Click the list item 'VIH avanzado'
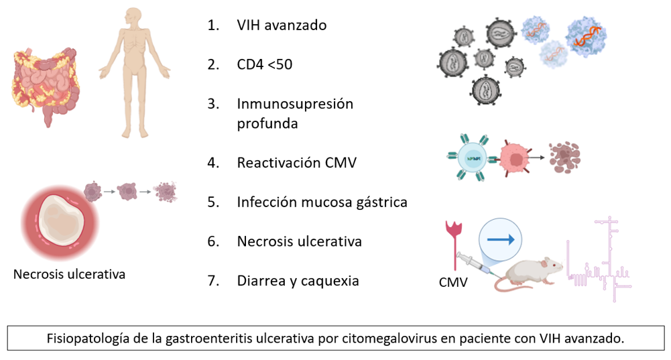coord(281,26)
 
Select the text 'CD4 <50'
coord(264,65)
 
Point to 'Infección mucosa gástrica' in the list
coord(322,202)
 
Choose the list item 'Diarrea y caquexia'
coord(298,280)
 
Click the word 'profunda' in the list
coord(267,124)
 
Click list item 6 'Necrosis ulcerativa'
coord(299,241)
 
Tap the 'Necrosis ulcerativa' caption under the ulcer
coord(69,274)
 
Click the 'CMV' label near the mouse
coord(453,283)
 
